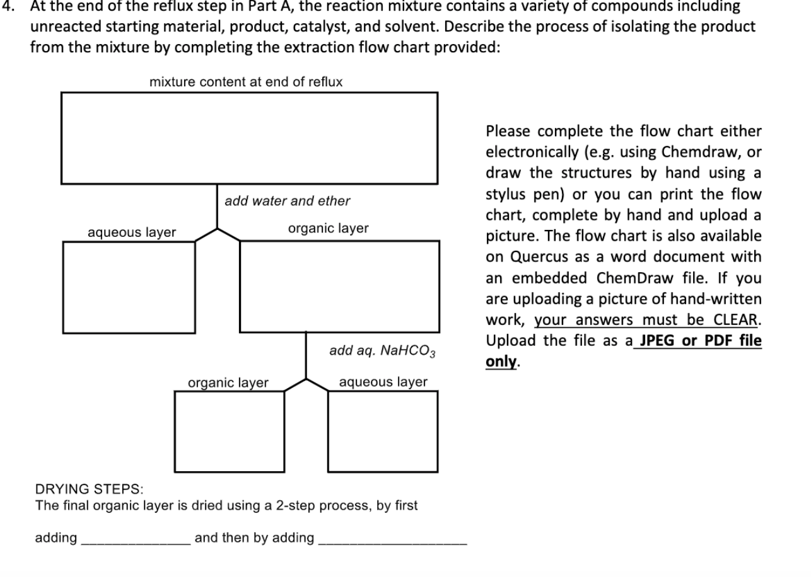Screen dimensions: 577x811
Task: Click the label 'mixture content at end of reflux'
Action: coord(246,82)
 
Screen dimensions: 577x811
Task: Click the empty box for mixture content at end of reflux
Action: coord(249,138)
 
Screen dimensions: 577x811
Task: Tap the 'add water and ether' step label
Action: coord(287,201)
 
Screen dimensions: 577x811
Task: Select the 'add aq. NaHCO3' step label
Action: coord(382,351)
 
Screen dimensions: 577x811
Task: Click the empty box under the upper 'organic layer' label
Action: coord(339,286)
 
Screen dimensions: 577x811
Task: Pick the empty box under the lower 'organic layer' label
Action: coord(229,431)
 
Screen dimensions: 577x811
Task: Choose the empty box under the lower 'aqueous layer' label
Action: coord(382,431)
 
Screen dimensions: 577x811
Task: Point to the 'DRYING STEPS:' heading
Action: coord(89,489)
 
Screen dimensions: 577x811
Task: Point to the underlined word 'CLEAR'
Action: coord(738,320)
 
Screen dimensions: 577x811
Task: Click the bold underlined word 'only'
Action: coord(501,362)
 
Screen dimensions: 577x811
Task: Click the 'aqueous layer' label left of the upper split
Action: coord(132,232)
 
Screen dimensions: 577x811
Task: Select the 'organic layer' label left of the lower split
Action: coord(228,383)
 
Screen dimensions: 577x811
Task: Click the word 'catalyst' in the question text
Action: coord(479,27)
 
